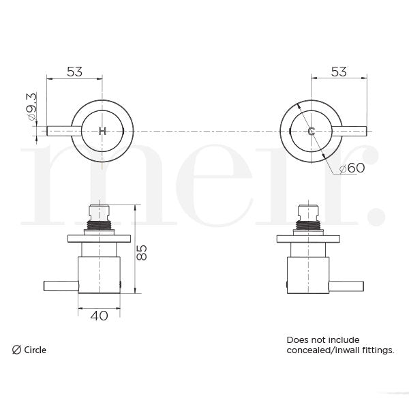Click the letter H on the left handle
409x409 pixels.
103,130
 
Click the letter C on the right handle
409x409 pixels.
312,130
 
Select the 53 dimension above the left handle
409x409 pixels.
74,72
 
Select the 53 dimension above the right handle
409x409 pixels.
338,72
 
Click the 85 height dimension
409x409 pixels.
142,252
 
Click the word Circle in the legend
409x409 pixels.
35,350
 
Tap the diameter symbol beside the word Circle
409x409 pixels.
16,350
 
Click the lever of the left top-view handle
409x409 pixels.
61,130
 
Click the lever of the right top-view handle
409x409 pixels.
351,130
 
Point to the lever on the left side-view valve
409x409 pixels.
61,286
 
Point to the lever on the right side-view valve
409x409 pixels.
350,286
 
